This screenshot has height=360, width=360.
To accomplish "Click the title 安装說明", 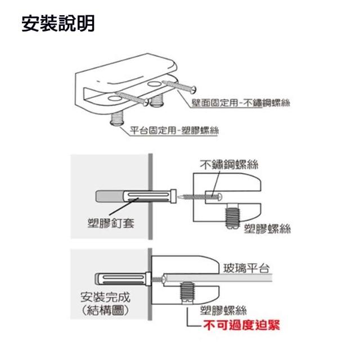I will tap(58, 24).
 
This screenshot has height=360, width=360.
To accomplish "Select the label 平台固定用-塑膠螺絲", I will tap(174, 130).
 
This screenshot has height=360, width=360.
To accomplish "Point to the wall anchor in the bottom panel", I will tap(120, 278).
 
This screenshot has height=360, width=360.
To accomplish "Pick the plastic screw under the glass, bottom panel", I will tap(187, 294).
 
